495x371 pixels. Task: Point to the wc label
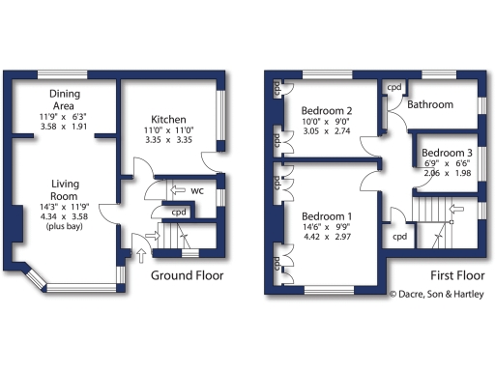[196, 190]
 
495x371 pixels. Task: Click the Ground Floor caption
[187, 275]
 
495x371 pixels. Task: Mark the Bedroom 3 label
[448, 154]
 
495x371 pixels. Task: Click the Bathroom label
[430, 103]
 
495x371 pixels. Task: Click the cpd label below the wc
[179, 213]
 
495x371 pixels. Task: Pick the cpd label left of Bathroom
[393, 87]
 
